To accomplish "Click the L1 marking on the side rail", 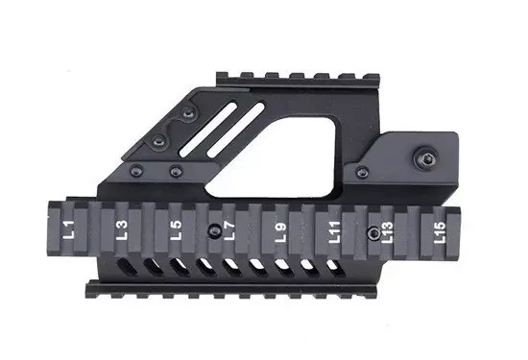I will (x=68, y=230).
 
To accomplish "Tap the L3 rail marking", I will (x=121, y=230).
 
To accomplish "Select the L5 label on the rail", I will (x=175, y=230).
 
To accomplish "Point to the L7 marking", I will (x=228, y=231).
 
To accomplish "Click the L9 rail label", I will (x=280, y=231).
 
